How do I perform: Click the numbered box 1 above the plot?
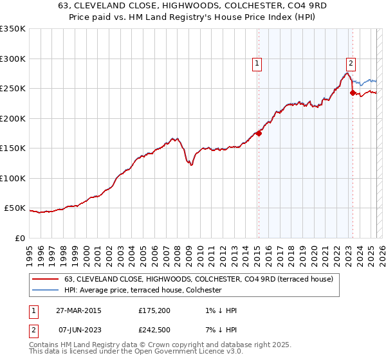pos(257,63)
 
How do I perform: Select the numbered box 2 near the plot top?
pos(351,63)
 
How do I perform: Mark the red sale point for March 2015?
pos(259,133)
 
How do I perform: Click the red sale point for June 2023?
pos(353,93)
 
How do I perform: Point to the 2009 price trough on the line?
pos(191,165)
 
